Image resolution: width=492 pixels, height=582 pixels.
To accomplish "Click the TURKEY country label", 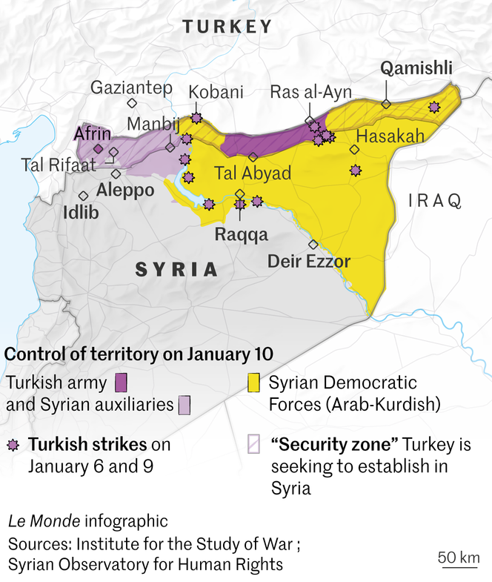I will [x=227, y=27].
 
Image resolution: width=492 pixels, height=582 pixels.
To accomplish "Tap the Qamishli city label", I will [x=416, y=69].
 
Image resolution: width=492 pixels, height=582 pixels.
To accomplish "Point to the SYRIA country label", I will [x=176, y=269].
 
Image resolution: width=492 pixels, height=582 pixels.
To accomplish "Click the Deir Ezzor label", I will [x=308, y=261].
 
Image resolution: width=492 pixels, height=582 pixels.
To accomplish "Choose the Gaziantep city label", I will [x=131, y=87].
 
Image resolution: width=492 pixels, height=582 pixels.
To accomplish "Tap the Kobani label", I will [x=216, y=92].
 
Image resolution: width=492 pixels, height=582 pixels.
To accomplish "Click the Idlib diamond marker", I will [x=84, y=196].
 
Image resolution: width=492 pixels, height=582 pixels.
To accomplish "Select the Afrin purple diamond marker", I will [x=98, y=148].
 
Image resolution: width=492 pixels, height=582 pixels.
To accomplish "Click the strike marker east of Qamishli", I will [x=433, y=108].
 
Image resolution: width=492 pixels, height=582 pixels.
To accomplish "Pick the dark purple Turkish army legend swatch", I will [x=122, y=383].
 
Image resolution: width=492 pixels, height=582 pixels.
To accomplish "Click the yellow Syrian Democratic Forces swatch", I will [x=253, y=383].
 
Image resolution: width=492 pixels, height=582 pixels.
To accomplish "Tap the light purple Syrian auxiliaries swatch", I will [x=184, y=405].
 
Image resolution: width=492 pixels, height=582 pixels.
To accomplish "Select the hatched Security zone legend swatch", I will [x=253, y=444].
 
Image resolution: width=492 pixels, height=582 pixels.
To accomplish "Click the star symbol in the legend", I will [x=13, y=445].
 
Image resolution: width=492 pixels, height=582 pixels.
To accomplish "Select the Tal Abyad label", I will [x=252, y=173].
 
